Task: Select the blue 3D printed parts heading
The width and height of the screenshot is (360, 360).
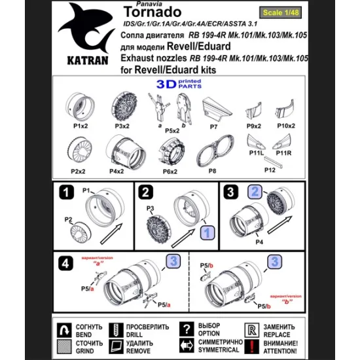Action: (176, 83)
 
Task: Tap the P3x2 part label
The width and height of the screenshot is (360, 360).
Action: (120, 125)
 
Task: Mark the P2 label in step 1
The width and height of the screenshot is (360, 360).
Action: (68, 220)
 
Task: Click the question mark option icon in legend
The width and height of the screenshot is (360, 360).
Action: (189, 328)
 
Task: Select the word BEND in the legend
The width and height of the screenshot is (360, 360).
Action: (90, 333)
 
